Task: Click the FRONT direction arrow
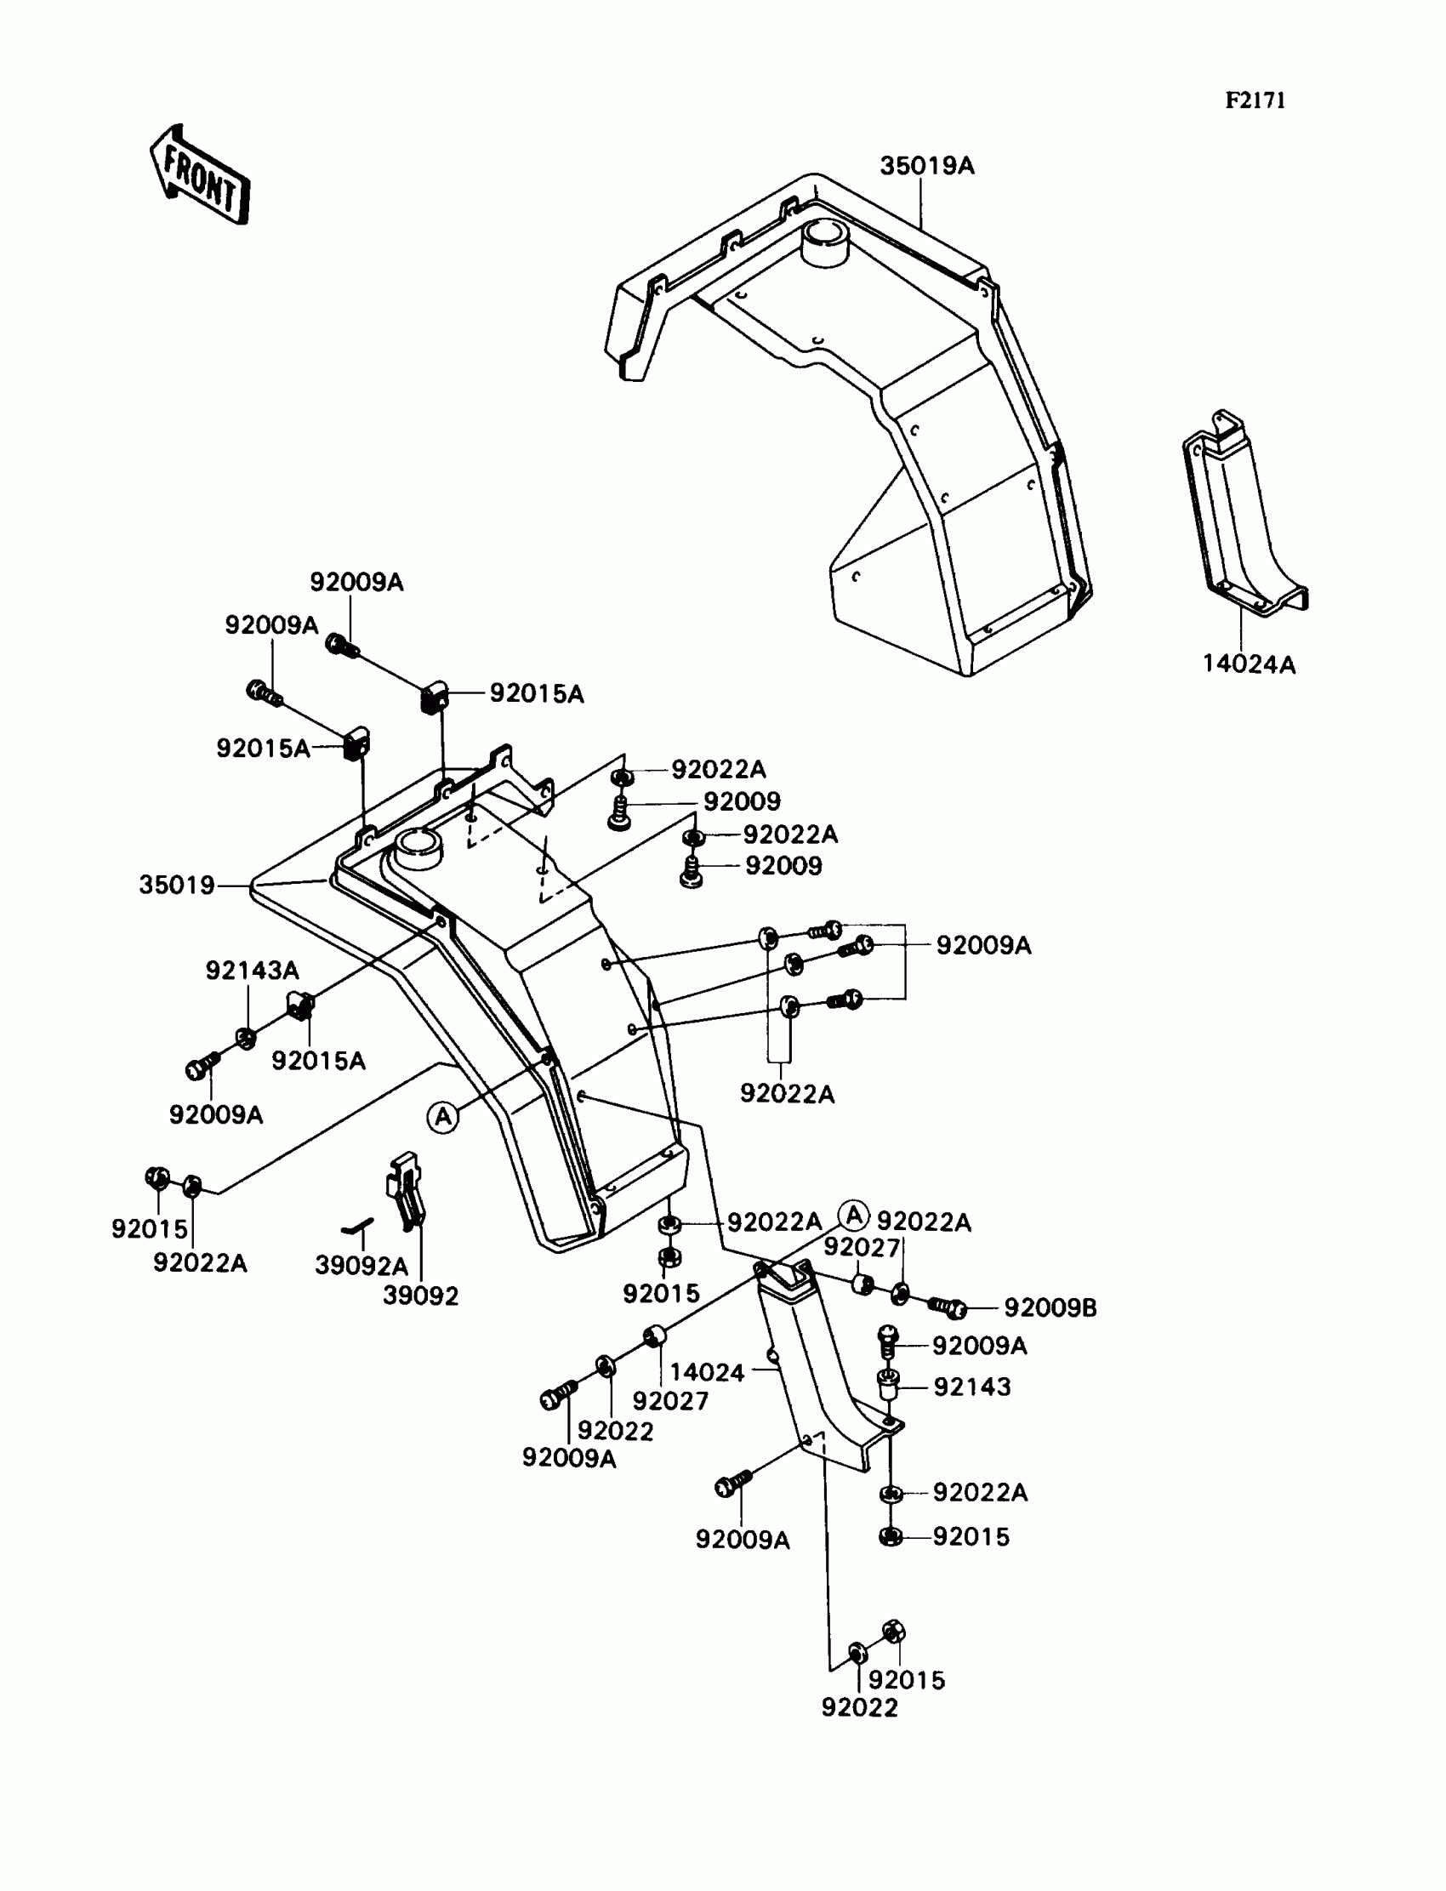pos(200,175)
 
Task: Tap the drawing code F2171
pos(1255,100)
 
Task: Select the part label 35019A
pos(926,165)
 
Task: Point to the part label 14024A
pos(1248,664)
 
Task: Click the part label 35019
pos(176,885)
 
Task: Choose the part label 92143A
pos(251,971)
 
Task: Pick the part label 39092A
pos(361,1265)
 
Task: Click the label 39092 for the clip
pos(420,1296)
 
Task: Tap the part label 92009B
pos(1050,1307)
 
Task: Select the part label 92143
pos(971,1387)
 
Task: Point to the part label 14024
pos(707,1372)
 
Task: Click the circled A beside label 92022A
pos(854,1216)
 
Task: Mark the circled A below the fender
pos(443,1117)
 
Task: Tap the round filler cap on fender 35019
pos(416,847)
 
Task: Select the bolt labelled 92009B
pos(948,1307)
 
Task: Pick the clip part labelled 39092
pos(407,1188)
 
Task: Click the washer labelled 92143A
pos(246,1038)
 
